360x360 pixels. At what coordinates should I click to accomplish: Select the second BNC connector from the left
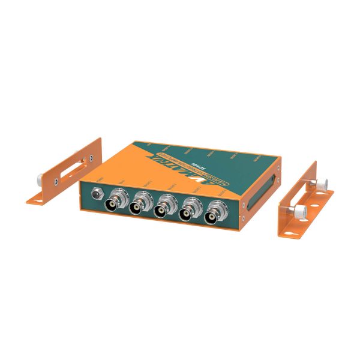140,205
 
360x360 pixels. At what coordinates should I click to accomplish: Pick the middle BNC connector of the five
165,208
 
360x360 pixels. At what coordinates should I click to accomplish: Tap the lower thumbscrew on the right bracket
298,211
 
